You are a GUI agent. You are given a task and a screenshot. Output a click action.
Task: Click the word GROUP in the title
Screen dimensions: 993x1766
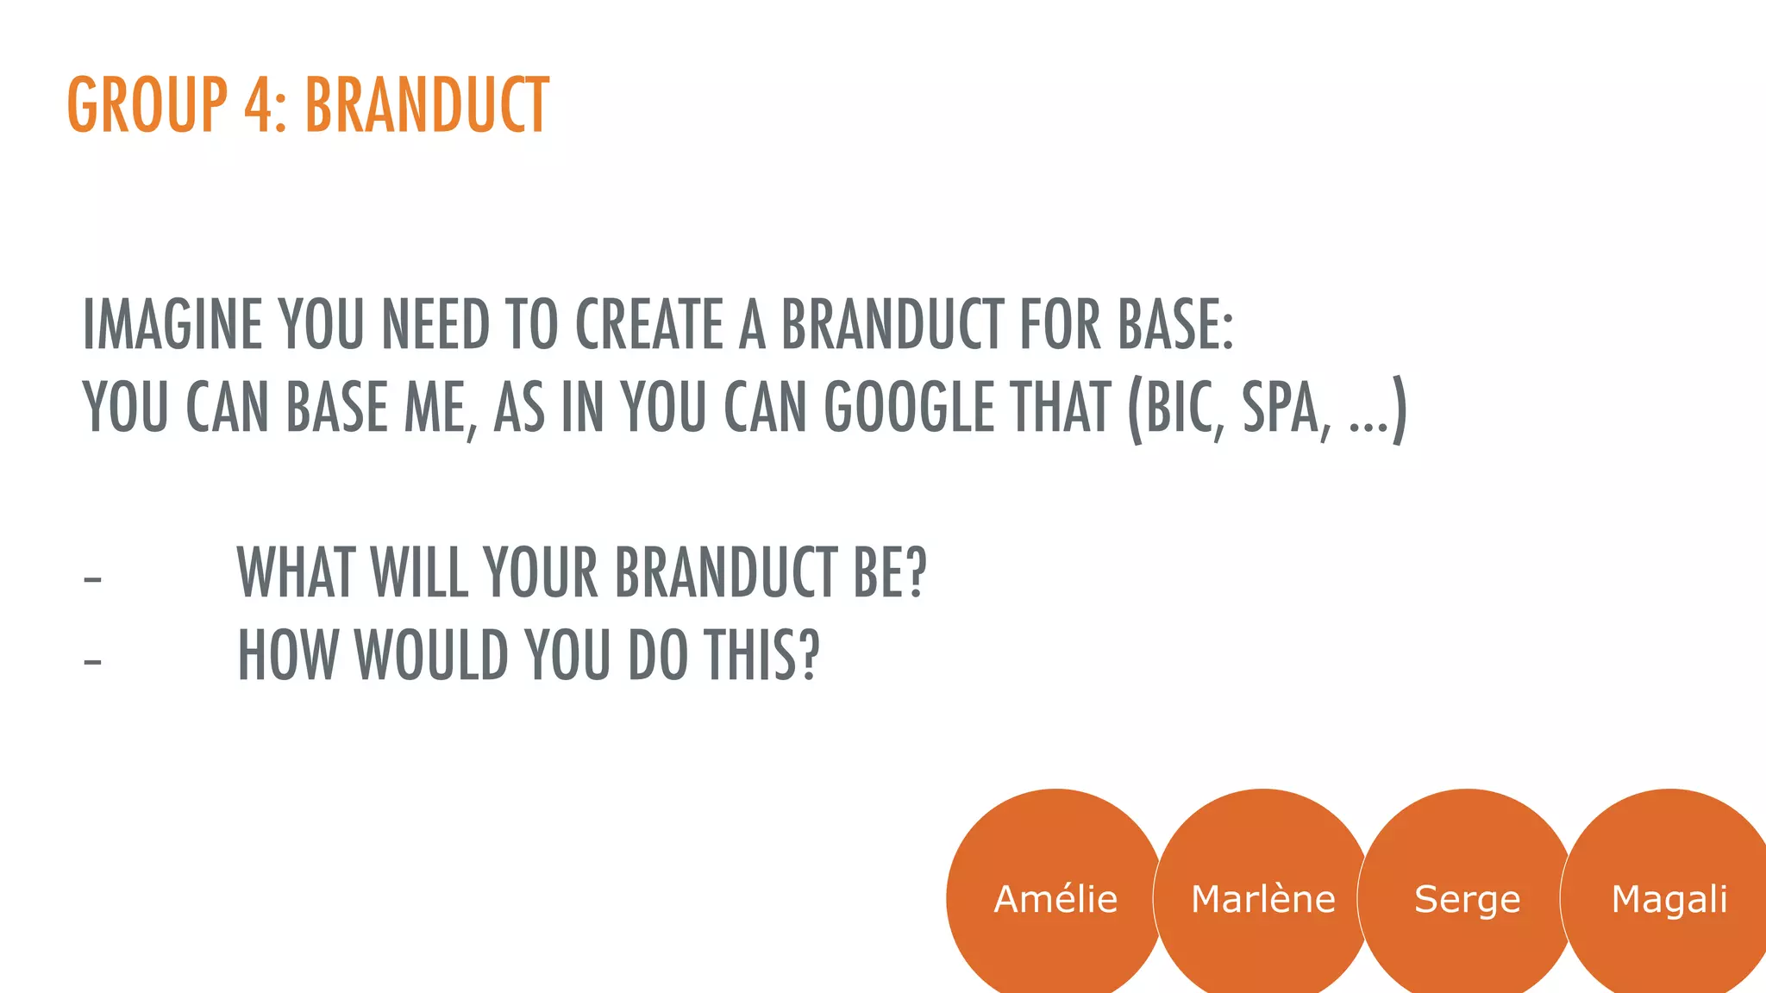[147, 105]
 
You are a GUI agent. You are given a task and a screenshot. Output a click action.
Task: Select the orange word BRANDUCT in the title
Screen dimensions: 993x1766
[427, 105]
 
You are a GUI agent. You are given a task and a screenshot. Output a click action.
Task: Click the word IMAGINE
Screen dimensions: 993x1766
[172, 325]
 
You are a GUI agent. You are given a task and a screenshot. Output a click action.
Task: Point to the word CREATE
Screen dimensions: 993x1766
[649, 325]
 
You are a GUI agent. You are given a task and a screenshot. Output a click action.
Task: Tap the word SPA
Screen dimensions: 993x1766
[1281, 408]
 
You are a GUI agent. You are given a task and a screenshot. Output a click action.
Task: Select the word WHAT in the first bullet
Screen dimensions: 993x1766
[296, 572]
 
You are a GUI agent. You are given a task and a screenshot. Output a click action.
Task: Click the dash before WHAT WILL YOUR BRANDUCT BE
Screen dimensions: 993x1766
[92, 579]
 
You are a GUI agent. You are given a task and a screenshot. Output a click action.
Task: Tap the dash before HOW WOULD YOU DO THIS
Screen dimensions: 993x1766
[92, 662]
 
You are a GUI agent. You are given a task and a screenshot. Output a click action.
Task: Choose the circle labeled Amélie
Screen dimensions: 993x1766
[1055, 898]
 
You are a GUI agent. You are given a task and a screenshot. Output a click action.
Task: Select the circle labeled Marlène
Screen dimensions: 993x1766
[1262, 898]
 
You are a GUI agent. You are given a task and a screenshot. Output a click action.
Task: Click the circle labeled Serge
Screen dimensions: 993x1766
[1467, 898]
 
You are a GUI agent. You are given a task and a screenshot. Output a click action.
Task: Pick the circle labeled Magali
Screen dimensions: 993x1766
[1669, 898]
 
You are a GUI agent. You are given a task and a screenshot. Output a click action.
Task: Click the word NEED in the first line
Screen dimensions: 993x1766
[435, 325]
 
